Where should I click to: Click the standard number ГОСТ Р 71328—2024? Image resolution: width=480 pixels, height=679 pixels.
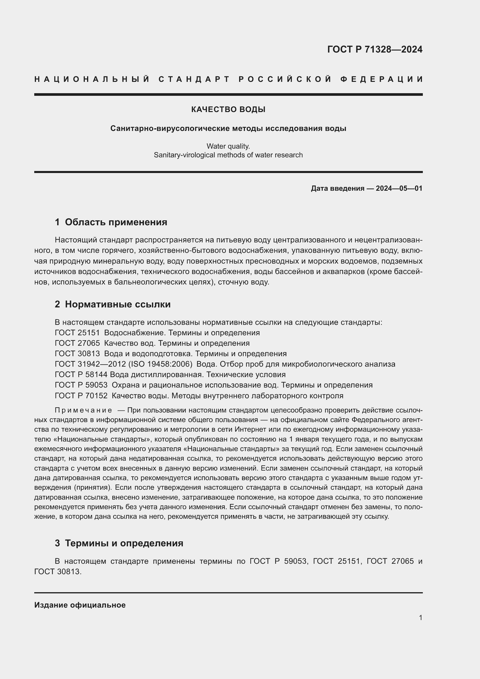(x=374, y=49)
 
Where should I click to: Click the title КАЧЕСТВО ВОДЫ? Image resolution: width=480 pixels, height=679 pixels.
(x=228, y=109)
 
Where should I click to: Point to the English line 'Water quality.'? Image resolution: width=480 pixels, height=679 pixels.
(x=228, y=146)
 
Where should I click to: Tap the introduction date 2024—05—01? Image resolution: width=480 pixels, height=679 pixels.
(x=399, y=188)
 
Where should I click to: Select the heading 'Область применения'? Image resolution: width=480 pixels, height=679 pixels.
(x=116, y=222)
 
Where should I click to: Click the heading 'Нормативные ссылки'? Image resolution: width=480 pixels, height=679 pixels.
(x=118, y=304)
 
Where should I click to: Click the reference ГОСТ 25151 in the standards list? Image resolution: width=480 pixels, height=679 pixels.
(x=77, y=333)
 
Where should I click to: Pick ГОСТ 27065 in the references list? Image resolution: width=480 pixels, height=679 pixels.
(x=77, y=343)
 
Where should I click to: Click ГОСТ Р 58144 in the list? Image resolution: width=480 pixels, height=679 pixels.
(x=81, y=374)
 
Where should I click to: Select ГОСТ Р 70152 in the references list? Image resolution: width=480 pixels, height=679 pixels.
(x=81, y=395)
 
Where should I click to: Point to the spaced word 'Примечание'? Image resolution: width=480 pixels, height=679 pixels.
(x=83, y=410)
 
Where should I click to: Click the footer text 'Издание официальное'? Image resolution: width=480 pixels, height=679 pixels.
(x=80, y=605)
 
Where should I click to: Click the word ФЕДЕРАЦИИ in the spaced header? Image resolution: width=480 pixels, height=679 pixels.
(x=382, y=79)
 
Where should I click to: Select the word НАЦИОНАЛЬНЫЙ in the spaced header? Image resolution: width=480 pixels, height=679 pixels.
(x=92, y=79)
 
